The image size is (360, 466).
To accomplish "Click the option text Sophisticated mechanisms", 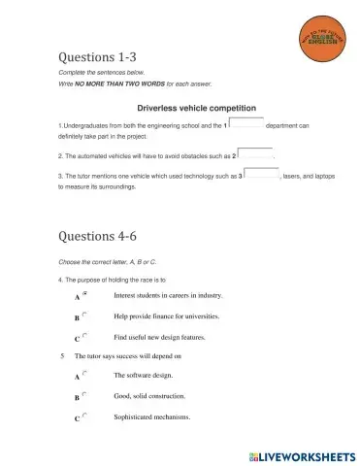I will [x=151, y=417].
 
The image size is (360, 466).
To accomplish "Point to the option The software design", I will [x=141, y=375].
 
